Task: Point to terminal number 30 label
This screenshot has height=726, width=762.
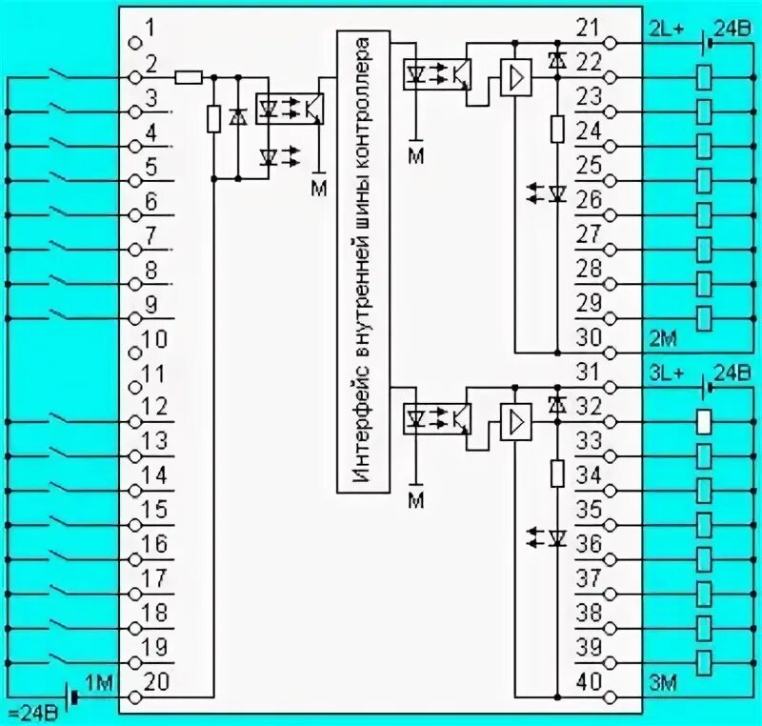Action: click(590, 337)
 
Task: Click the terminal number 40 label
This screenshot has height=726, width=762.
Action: click(590, 682)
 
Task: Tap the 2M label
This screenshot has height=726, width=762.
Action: click(662, 338)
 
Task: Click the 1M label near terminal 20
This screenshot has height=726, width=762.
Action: click(99, 681)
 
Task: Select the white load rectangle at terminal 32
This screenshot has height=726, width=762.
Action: click(704, 421)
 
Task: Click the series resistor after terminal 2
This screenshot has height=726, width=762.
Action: click(189, 77)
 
